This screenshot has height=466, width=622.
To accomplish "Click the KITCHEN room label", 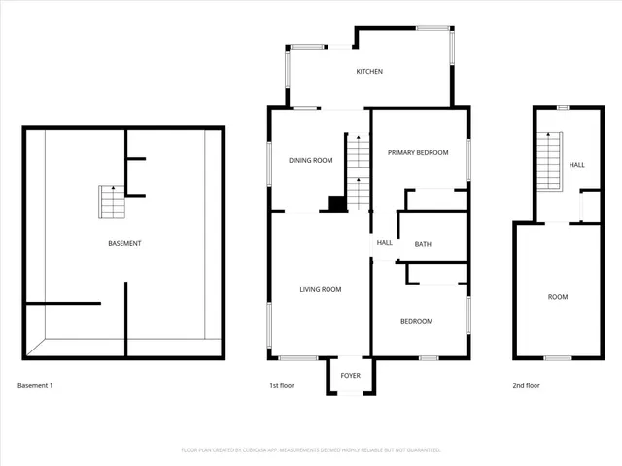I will (369, 72).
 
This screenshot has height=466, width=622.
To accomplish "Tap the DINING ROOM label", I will (310, 160).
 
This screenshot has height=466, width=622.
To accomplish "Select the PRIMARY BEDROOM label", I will (418, 153).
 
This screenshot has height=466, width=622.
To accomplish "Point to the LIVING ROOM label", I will (320, 289).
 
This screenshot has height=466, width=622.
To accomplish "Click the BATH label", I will (423, 244).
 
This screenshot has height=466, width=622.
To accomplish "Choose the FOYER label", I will (350, 376).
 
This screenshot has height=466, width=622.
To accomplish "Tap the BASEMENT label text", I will (124, 243).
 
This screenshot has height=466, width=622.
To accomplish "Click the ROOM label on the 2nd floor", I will (557, 297).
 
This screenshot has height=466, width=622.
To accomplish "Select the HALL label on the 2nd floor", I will (576, 165).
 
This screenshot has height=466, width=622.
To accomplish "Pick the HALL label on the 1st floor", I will (384, 243).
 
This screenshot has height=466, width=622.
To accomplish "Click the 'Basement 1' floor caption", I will (35, 386).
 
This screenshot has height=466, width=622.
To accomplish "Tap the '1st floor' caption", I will (282, 386).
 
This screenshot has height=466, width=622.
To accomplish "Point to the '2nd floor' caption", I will (526, 386).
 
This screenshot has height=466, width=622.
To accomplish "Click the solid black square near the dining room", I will (336, 204).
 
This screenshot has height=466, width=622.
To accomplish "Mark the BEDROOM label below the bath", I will (416, 321).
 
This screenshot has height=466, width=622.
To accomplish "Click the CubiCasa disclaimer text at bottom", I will (311, 450).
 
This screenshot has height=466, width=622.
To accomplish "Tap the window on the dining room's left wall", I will (270, 160).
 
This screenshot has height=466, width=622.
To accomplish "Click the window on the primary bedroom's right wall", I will (468, 155).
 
